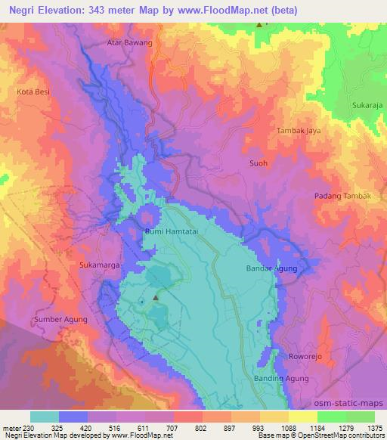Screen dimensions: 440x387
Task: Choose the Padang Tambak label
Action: [343, 196]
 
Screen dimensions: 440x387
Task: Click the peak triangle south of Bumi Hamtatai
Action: [156, 298]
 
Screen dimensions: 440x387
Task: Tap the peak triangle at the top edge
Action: [260, 25]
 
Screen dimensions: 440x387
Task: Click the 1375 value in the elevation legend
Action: [376, 428]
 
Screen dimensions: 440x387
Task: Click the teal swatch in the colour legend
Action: [45, 417]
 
